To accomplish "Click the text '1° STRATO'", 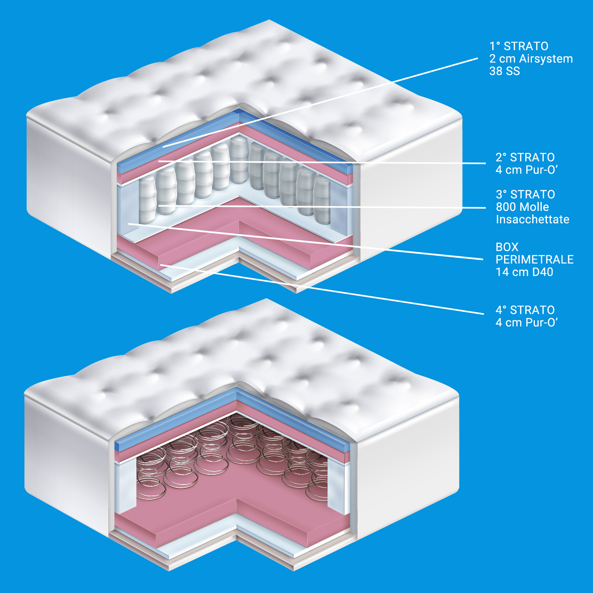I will point(519,46).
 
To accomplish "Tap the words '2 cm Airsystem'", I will point(531,59).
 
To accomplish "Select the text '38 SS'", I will point(504,71).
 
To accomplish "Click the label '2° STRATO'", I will point(525,158).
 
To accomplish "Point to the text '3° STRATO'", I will point(525,195).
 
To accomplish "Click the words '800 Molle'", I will point(522,207).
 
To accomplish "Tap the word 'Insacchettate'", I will point(532,219).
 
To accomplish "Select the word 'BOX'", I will point(507,247).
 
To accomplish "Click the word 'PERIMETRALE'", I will point(534,259).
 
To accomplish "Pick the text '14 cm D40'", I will point(524,272).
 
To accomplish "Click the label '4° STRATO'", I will point(525,310).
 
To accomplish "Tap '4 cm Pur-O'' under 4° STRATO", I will point(526,322).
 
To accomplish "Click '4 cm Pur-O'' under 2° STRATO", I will point(526,170).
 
